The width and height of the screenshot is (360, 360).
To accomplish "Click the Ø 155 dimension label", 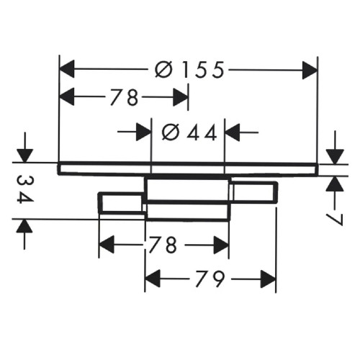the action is point(189,70).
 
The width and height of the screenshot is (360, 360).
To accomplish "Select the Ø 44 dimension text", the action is point(189,132).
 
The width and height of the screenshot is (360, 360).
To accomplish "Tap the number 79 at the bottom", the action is point(210,279).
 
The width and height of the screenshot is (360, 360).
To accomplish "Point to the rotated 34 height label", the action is point(25,189).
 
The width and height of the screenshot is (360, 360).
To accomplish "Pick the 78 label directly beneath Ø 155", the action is point(125,97).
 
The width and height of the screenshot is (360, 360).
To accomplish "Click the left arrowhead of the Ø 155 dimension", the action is point(67,69).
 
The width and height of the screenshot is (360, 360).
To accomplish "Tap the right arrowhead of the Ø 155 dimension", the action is point(310,70).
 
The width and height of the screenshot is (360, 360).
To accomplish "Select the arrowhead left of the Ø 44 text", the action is point(143,132).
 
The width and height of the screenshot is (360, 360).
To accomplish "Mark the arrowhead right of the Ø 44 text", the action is point(233,132).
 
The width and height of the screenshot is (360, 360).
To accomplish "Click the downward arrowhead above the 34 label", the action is point(24,156).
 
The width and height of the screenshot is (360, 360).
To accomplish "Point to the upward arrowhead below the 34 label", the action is point(24,226).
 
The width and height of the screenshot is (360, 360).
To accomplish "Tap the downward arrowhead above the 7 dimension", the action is point(335,156).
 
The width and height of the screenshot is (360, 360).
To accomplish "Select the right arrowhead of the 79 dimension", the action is point(268,279).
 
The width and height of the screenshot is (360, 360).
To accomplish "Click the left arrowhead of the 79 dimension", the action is point(153,279).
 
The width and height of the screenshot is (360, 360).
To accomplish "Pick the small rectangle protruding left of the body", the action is point(122,203).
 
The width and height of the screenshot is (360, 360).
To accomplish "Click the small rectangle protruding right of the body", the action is point(253,192).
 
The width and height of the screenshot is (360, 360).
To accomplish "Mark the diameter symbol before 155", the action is point(163,70).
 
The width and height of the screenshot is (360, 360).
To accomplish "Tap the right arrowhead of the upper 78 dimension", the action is point(181,97).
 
